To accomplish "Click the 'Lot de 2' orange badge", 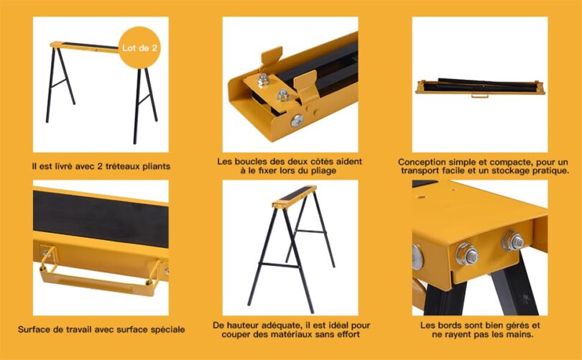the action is tap(139, 47).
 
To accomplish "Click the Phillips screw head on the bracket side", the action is tap(297, 121).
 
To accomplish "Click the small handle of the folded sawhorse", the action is tap(479, 96).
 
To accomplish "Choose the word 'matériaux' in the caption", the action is tap(272, 334).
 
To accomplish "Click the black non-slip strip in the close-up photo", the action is tap(101, 219).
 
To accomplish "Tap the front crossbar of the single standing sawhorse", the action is tap(279, 265).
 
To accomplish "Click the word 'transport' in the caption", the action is tap(421, 171).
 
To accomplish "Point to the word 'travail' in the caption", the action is tap(87, 330).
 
